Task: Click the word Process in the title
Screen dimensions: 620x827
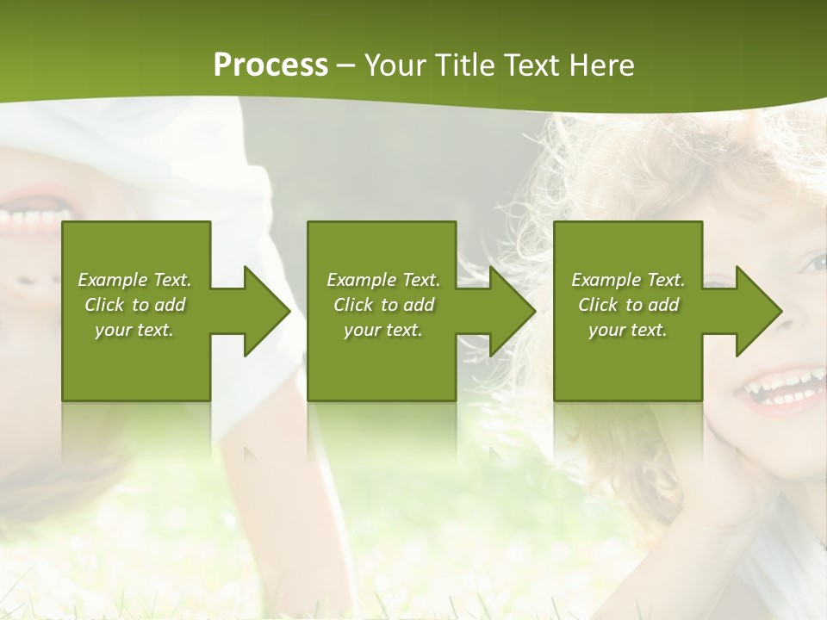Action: [270, 65]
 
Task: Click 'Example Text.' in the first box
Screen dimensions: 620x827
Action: [134, 280]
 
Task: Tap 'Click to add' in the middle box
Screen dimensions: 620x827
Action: [383, 305]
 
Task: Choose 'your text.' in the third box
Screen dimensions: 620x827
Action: [628, 330]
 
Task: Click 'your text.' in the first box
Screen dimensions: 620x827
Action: [134, 330]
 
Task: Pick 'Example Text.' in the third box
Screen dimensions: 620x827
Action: [628, 280]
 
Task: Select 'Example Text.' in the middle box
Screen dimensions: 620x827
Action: [383, 280]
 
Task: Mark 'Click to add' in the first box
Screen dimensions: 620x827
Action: [134, 305]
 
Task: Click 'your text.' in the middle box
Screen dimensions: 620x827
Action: [383, 330]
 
